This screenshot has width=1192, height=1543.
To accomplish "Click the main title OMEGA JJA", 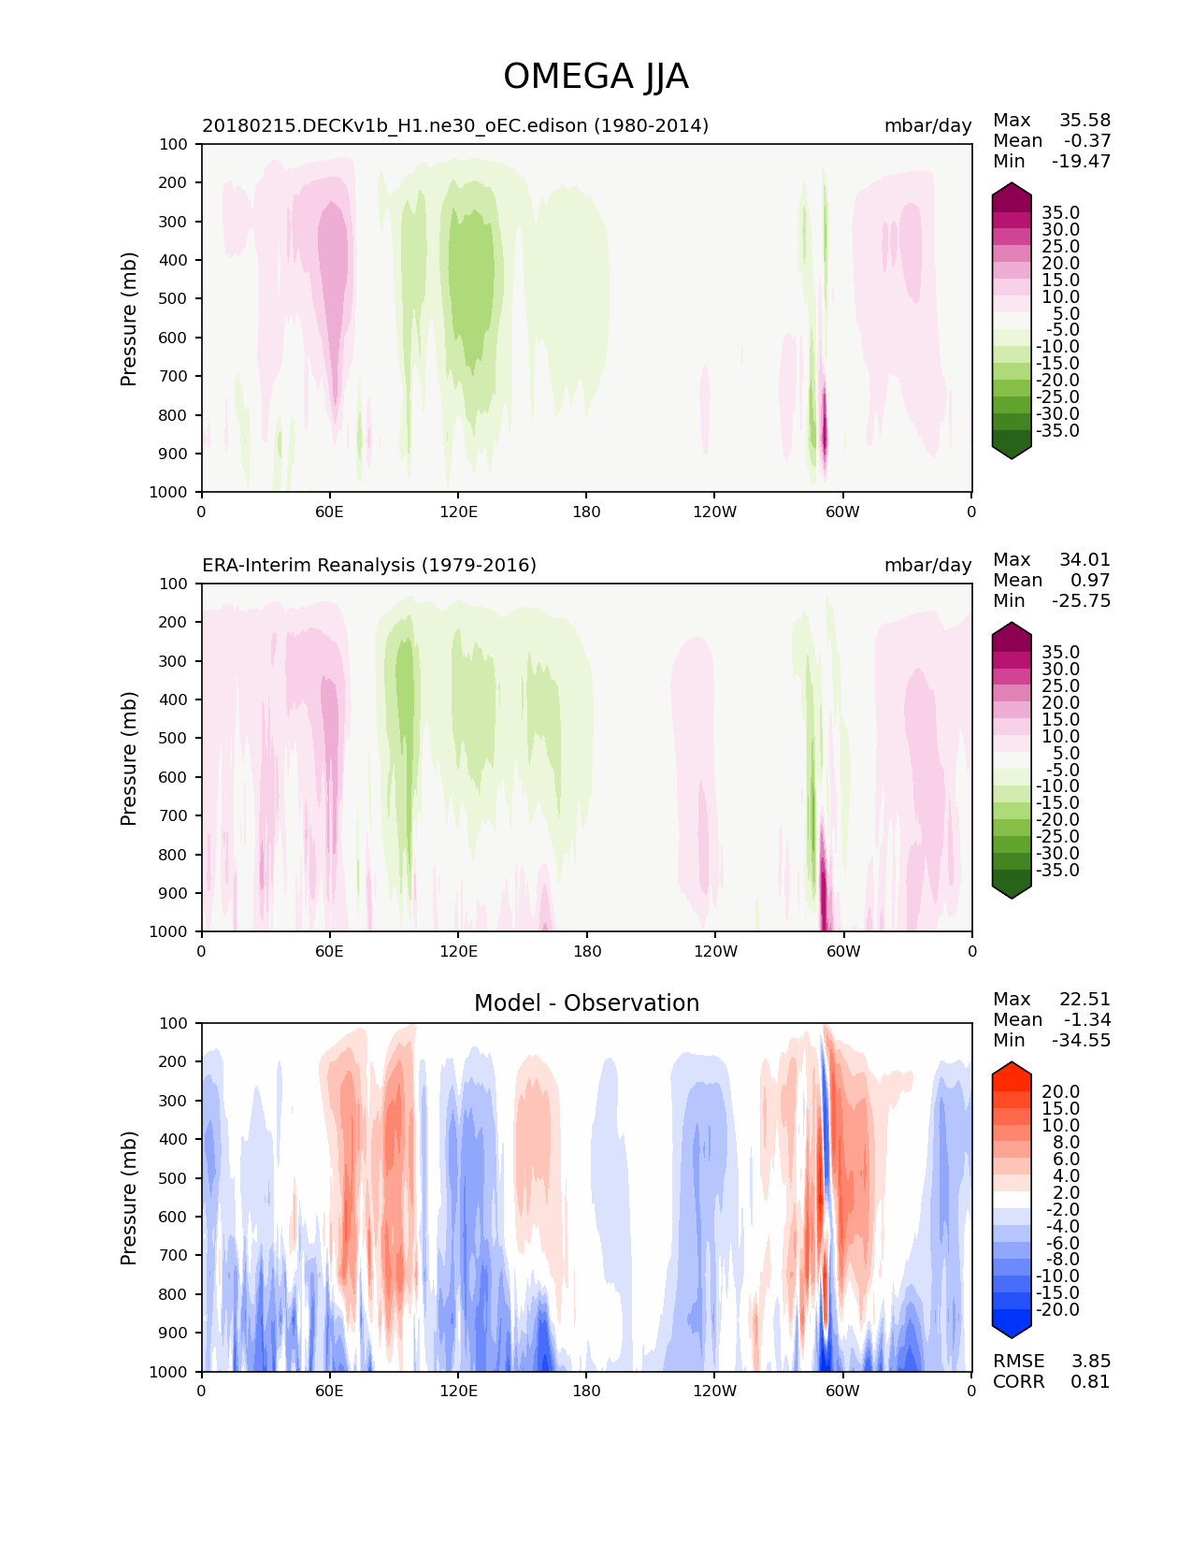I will pyautogui.click(x=596, y=77).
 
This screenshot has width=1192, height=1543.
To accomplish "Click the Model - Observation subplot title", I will pyautogui.click(x=586, y=1003).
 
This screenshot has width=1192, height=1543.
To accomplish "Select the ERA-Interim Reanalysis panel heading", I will pyautogui.click(x=369, y=565).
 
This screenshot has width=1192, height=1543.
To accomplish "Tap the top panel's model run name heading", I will pyautogui.click(x=455, y=125).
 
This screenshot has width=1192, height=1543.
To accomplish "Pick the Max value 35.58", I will pyautogui.click(x=1084, y=121).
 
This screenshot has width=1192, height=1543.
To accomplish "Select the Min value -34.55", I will pyautogui.click(x=1082, y=1041).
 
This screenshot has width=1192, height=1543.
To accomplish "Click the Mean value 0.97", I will pyautogui.click(x=1090, y=581).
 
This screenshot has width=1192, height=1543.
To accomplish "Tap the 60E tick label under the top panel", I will pyautogui.click(x=329, y=512).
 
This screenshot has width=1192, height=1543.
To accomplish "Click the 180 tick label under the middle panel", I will pyautogui.click(x=586, y=951).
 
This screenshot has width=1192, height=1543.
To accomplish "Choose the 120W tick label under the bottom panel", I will pyautogui.click(x=715, y=1391).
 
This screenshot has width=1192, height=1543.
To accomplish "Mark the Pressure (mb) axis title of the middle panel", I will pyautogui.click(x=129, y=757).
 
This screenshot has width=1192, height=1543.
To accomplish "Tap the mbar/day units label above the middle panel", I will pyautogui.click(x=927, y=565).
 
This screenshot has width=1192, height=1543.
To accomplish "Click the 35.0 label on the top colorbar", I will pyautogui.click(x=1060, y=213).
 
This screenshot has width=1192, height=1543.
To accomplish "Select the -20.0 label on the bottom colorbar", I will pyautogui.click(x=1057, y=1310).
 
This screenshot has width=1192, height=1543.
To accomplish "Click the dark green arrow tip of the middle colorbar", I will pyautogui.click(x=1012, y=890).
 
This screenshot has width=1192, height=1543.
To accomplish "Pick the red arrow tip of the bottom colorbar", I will pyautogui.click(x=1012, y=1069).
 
